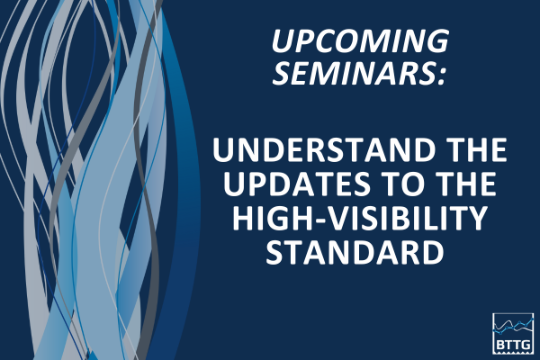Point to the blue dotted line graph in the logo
click(x=513, y=323)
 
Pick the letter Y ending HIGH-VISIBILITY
click(x=492, y=220)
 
